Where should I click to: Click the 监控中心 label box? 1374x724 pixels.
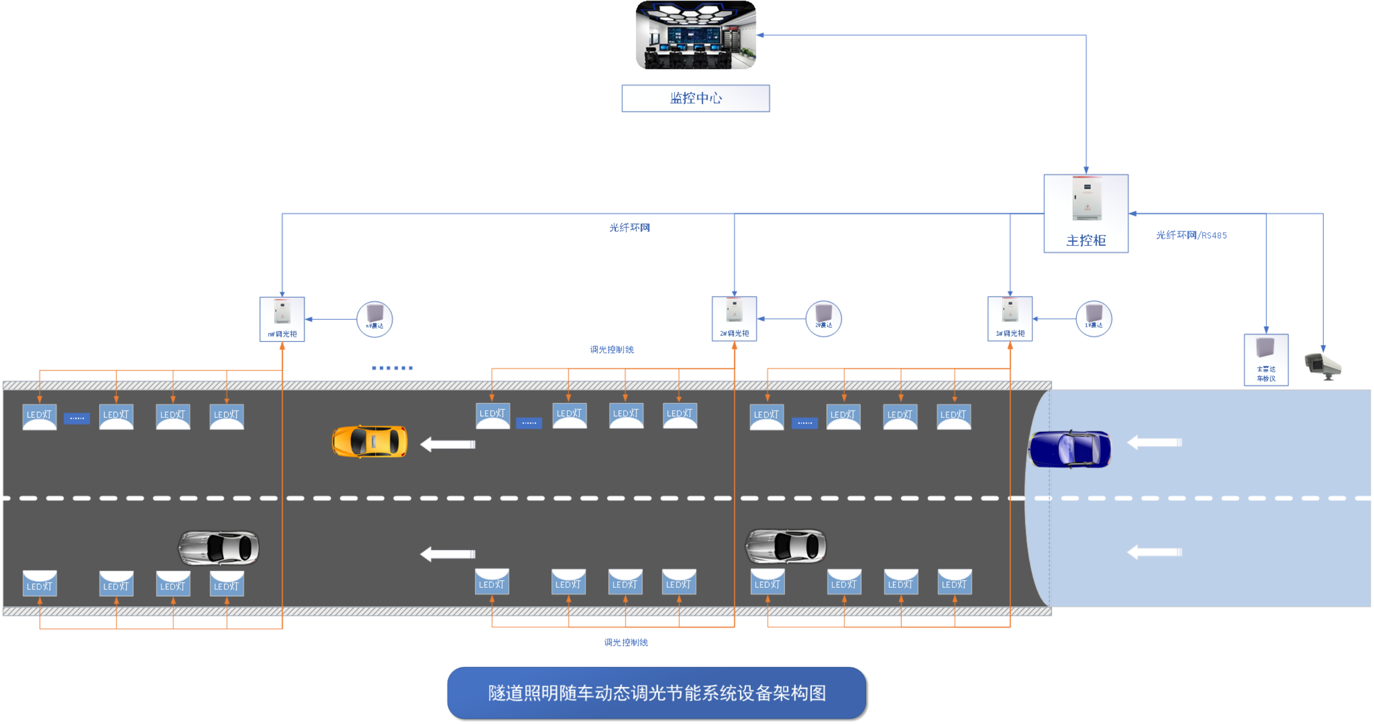tap(695, 98)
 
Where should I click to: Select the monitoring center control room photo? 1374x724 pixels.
tap(696, 36)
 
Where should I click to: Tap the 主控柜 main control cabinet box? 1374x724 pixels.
tap(1086, 213)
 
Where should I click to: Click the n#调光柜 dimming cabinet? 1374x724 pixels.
tap(282, 319)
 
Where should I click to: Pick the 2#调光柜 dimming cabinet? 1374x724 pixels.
tap(734, 319)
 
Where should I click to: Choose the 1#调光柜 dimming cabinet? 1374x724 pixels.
tap(1010, 319)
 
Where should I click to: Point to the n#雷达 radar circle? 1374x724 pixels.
tap(374, 319)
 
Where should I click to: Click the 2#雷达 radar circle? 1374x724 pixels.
tap(823, 319)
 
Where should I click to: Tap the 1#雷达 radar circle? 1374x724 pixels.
tap(1094, 319)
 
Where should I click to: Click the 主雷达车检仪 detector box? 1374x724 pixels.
tap(1266, 359)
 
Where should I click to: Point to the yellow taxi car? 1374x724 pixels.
tap(369, 441)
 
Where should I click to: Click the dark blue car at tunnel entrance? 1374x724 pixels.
tap(1069, 448)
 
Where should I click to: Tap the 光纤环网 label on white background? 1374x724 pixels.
tap(629, 228)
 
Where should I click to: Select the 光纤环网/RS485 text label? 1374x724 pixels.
tap(1191, 235)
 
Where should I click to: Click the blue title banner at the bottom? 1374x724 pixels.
tap(656, 692)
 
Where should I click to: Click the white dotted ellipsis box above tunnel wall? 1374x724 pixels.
tap(392, 368)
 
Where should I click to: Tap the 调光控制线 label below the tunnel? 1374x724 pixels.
tap(626, 643)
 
